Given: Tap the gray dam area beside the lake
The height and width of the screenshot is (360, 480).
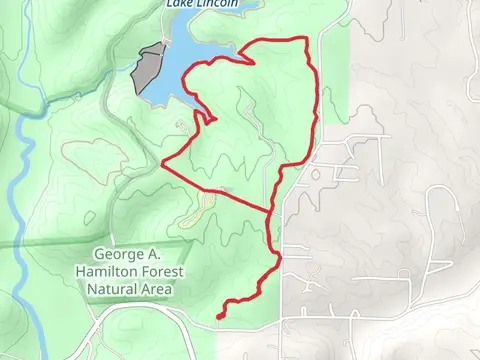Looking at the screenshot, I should click(150, 68).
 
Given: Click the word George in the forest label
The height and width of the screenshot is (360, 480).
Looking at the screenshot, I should click(118, 253).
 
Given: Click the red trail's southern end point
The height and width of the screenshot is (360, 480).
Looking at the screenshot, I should click(218, 317).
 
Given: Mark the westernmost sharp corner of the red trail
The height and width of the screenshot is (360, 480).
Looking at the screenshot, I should click(162, 162).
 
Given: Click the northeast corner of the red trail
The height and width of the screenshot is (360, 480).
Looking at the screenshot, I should click(305, 40).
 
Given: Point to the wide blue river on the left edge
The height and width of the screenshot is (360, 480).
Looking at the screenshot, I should click(20, 200).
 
